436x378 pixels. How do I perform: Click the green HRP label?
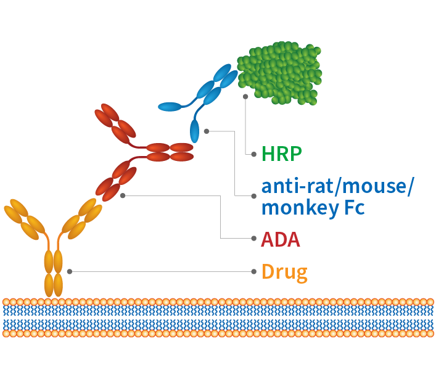[282, 154]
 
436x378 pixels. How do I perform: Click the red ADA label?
[281, 239]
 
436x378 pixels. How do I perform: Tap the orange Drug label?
[284, 271]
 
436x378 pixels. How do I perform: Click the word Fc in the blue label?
[354, 207]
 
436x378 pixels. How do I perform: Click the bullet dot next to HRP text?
[254, 154]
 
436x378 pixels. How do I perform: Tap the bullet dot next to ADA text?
[254, 238]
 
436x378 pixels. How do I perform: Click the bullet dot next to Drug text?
[254, 271]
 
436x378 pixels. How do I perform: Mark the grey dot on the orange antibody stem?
[70, 271]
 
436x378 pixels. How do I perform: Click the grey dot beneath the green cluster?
[245, 97]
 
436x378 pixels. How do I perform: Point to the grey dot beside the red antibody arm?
[123, 195]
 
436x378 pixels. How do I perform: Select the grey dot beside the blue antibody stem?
[207, 131]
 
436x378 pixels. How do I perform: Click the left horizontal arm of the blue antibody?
[171, 107]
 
